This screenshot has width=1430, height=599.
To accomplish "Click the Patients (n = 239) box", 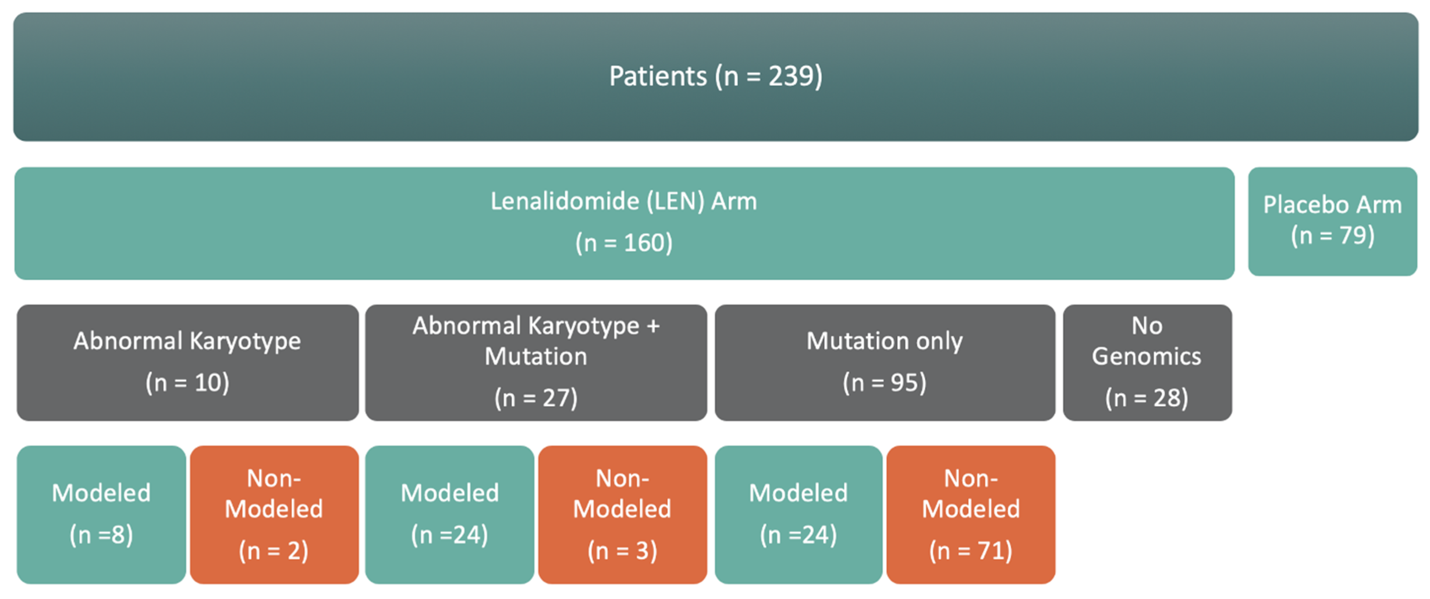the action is tap(715, 77).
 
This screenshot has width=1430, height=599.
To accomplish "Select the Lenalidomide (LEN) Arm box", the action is tap(624, 223).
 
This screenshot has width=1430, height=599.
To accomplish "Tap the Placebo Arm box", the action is tap(1333, 221).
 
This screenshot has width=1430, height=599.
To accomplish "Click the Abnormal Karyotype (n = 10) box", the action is tap(188, 362).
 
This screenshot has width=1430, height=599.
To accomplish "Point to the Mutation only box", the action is tap(885, 362).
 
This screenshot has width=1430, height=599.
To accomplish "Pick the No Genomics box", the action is tap(1148, 362).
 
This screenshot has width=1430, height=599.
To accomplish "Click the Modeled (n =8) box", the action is tap(101, 514).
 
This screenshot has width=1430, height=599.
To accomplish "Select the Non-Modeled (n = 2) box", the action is tap(274, 514).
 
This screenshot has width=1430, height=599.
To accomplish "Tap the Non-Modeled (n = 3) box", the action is tap(623, 514).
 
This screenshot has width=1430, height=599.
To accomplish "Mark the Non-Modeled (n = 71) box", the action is tap(971, 514).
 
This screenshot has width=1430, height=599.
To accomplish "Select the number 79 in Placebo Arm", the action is tap(1353, 236).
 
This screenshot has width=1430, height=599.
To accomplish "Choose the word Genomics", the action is tap(1147, 356).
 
